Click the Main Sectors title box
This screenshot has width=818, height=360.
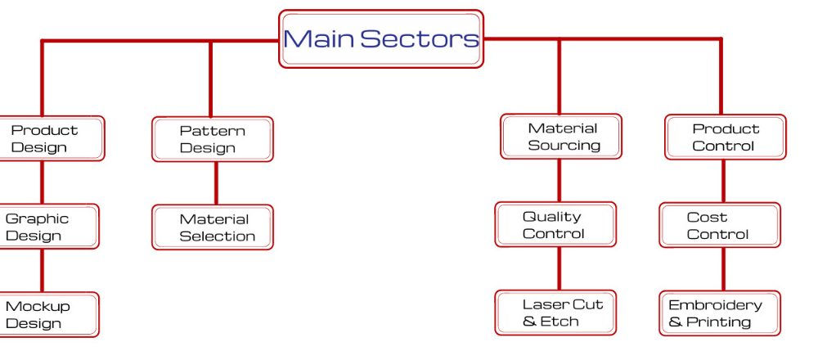(380, 38)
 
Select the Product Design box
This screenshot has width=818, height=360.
(49, 138)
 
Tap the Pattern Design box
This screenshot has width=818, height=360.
(213, 139)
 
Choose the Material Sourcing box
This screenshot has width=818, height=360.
(561, 137)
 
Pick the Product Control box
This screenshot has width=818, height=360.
(725, 137)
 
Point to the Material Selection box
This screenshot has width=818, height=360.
(213, 227)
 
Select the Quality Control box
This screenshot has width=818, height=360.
(555, 225)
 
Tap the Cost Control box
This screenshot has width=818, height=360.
(720, 225)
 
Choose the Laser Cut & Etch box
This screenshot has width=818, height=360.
(556, 313)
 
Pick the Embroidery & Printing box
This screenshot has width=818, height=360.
(720, 313)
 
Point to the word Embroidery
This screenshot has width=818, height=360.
(715, 304)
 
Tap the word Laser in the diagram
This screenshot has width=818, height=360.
(541, 304)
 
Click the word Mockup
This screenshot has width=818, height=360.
(38, 306)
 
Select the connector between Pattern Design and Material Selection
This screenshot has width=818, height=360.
(216, 183)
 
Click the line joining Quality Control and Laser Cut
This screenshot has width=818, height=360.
(560, 268)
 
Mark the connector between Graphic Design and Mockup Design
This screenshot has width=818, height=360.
(42, 271)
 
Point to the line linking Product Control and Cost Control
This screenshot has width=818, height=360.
(723, 181)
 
